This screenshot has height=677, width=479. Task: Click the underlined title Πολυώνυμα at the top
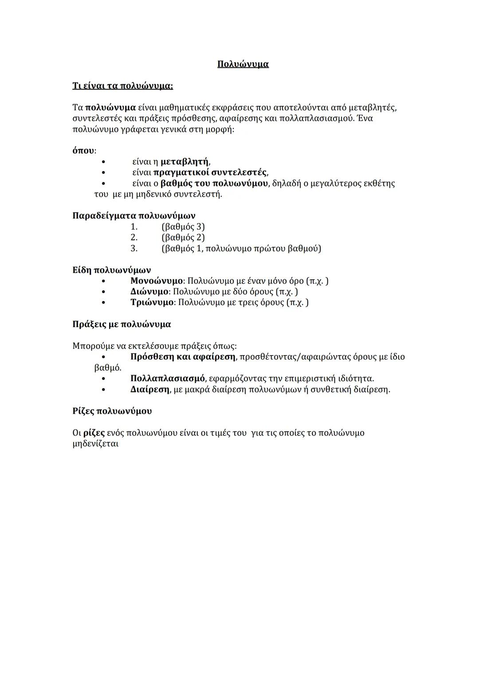pyautogui.click(x=243, y=64)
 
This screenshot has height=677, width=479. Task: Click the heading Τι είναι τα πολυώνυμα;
pyautogui.click(x=122, y=86)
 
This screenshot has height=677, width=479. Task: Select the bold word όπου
pyautogui.click(x=83, y=151)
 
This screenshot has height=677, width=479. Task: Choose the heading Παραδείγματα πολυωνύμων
pyautogui.click(x=133, y=216)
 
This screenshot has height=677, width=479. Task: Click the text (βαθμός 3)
pyautogui.click(x=183, y=227)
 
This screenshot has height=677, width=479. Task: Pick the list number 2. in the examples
pyautogui.click(x=134, y=238)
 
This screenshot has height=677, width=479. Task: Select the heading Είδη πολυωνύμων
pyautogui.click(x=111, y=270)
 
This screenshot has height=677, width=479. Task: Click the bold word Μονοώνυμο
pyautogui.click(x=156, y=281)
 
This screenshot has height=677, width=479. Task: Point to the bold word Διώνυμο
pyautogui.click(x=149, y=292)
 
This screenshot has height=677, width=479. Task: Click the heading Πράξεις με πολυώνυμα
pyautogui.click(x=121, y=324)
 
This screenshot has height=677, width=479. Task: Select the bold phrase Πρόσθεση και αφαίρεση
pyautogui.click(x=183, y=357)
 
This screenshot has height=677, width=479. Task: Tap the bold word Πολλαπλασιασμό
pyautogui.click(x=167, y=379)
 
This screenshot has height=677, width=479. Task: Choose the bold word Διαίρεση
pyautogui.click(x=150, y=390)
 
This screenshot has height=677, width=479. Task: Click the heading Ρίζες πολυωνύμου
pyautogui.click(x=112, y=411)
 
